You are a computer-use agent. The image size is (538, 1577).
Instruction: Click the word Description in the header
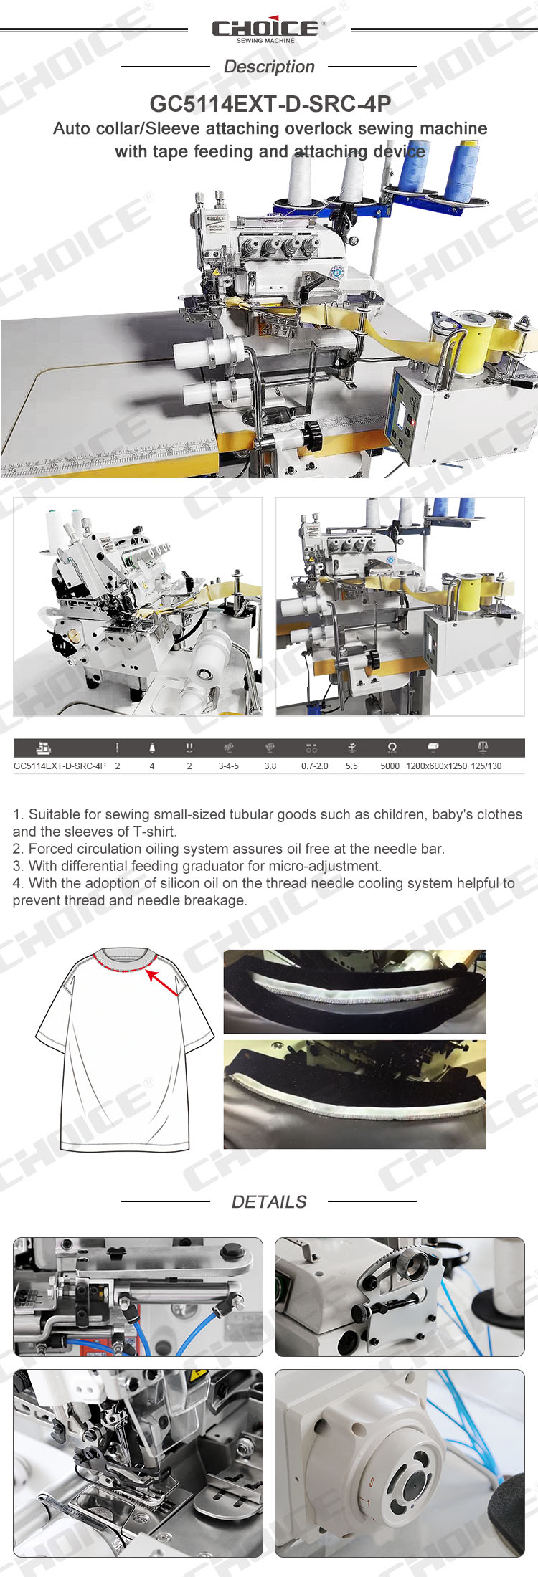(269, 67)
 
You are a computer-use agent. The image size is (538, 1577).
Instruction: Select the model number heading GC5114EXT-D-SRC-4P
(270, 104)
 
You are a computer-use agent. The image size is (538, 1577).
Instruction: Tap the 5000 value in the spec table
(390, 766)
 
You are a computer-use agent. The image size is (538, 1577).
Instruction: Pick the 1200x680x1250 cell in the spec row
(436, 766)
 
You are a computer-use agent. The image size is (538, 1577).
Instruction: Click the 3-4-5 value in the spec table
(229, 766)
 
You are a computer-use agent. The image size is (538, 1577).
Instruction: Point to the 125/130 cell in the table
(486, 766)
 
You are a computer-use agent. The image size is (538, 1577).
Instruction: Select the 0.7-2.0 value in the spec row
(315, 766)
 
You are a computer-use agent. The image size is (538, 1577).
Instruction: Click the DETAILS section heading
(269, 1202)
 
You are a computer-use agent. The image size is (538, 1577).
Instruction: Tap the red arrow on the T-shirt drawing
(163, 981)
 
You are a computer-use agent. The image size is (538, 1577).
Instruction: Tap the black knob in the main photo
(311, 433)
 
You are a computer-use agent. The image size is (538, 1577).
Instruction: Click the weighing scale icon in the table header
(483, 748)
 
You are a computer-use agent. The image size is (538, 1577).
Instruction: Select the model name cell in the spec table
(60, 766)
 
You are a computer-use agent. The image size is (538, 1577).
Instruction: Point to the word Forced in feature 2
(51, 849)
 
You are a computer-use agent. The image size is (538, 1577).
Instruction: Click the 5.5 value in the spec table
(351, 766)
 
